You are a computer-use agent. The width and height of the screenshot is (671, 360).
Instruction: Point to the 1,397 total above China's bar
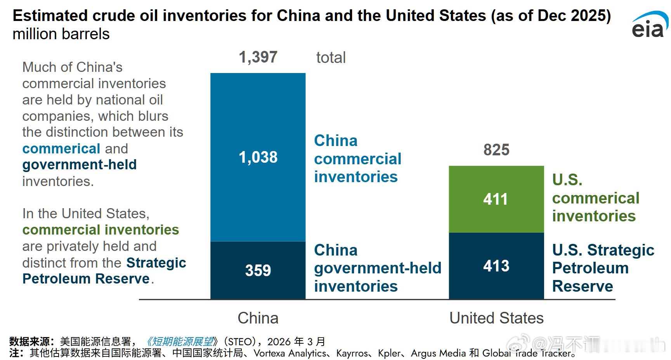pyautogui.click(x=258, y=57)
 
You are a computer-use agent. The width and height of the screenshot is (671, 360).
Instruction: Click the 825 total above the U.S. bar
pyautogui.click(x=496, y=150)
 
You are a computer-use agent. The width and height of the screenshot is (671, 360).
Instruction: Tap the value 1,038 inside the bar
pyautogui.click(x=258, y=157)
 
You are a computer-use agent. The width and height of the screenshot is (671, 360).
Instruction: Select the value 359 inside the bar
pyautogui.click(x=258, y=270)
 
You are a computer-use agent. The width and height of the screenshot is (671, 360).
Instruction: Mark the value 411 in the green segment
pyautogui.click(x=496, y=199)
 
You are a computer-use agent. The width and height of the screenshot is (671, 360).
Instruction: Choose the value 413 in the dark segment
pyautogui.click(x=496, y=266)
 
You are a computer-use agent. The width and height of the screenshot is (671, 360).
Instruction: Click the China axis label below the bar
pyautogui.click(x=258, y=318)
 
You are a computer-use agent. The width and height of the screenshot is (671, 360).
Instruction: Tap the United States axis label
pyautogui.click(x=496, y=318)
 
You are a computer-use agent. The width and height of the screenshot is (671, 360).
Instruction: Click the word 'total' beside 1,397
pyautogui.click(x=331, y=57)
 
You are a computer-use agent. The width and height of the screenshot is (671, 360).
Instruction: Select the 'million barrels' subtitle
pyautogui.click(x=61, y=34)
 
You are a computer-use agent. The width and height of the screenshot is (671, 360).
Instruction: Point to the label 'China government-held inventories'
pyautogui.click(x=377, y=268)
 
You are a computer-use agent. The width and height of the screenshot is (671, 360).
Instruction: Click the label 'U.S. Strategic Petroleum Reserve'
pyautogui.click(x=603, y=268)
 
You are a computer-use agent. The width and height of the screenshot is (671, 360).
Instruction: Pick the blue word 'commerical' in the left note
pyautogui.click(x=61, y=149)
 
